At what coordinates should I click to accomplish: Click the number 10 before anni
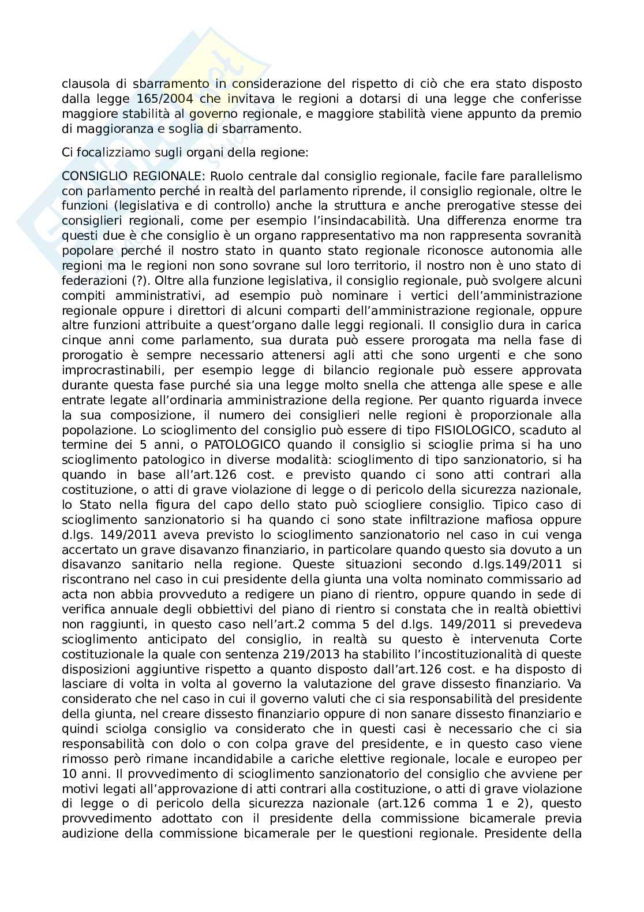[68, 774]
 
